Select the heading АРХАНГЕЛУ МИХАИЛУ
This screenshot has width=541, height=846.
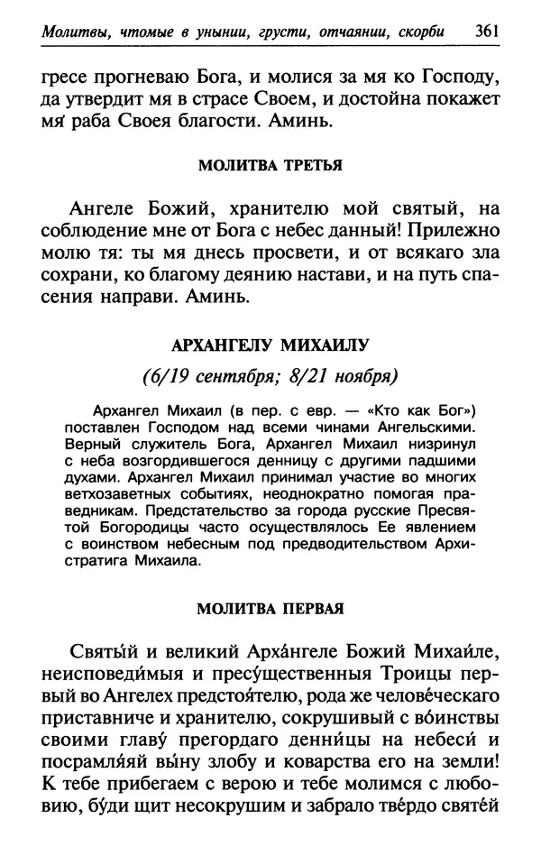click(271, 345)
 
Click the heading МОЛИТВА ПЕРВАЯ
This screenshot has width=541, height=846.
click(270, 607)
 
